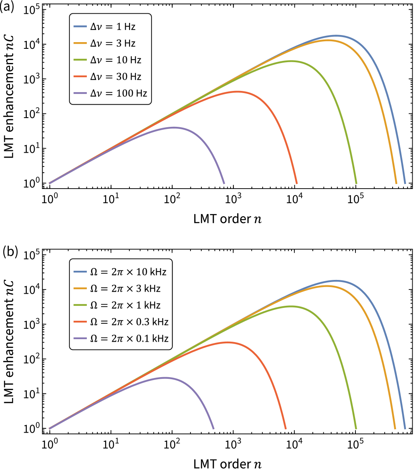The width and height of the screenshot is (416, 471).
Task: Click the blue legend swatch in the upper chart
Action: pyautogui.click(x=80, y=26)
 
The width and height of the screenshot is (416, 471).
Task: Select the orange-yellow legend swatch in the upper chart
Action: pyautogui.click(x=80, y=43)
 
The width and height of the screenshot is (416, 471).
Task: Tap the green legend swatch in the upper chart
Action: pyautogui.click(x=80, y=60)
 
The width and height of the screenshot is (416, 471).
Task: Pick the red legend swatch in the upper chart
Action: pyautogui.click(x=80, y=76)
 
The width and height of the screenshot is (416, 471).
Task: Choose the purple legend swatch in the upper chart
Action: pyautogui.click(x=80, y=93)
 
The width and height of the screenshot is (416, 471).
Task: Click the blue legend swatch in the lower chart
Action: pyautogui.click(x=80, y=272)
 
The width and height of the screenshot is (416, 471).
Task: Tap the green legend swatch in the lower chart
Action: pyautogui.click(x=80, y=305)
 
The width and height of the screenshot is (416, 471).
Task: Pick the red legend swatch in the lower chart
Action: pyautogui.click(x=80, y=322)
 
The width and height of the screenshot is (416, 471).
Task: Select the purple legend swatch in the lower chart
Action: pyautogui.click(x=80, y=338)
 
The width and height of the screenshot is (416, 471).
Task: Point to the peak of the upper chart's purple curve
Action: pyautogui.click(x=174, y=127)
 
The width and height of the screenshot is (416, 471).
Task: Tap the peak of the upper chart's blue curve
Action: pyautogui.click(x=336, y=35)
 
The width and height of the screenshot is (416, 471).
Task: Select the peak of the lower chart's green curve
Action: pyautogui.click(x=291, y=306)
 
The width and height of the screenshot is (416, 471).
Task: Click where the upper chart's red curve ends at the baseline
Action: pyautogui.click(x=297, y=183)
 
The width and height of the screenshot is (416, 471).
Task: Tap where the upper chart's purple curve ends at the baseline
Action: pyautogui.click(x=224, y=183)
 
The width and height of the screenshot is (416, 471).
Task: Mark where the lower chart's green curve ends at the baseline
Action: pyautogui.click(x=356, y=428)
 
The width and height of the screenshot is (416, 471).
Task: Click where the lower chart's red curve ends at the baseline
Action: pyautogui.click(x=286, y=428)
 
